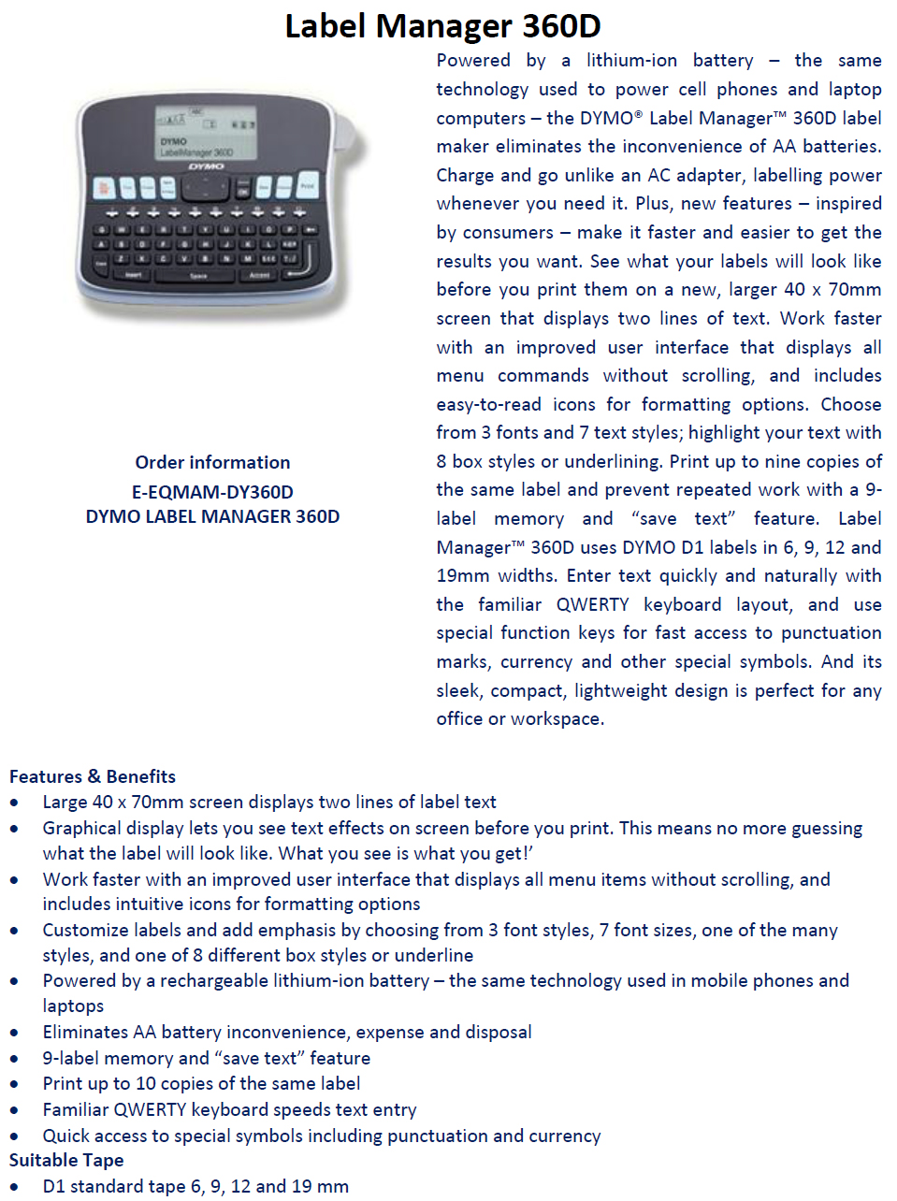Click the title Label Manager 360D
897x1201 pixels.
[442, 26]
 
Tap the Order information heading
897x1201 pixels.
[212, 462]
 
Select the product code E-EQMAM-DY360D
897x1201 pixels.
[212, 492]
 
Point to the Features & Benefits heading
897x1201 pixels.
[93, 776]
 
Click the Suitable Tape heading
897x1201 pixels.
[66, 1160]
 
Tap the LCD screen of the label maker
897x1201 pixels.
[206, 133]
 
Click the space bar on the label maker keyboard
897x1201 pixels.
[198, 276]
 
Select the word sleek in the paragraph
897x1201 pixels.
[458, 690]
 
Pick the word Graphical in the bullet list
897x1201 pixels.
[82, 828]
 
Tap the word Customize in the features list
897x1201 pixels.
[86, 930]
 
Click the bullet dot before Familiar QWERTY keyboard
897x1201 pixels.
[14, 1110]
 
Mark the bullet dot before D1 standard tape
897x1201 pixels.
[14, 1187]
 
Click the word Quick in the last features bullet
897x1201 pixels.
[66, 1136]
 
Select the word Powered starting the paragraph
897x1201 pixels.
[473, 61]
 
